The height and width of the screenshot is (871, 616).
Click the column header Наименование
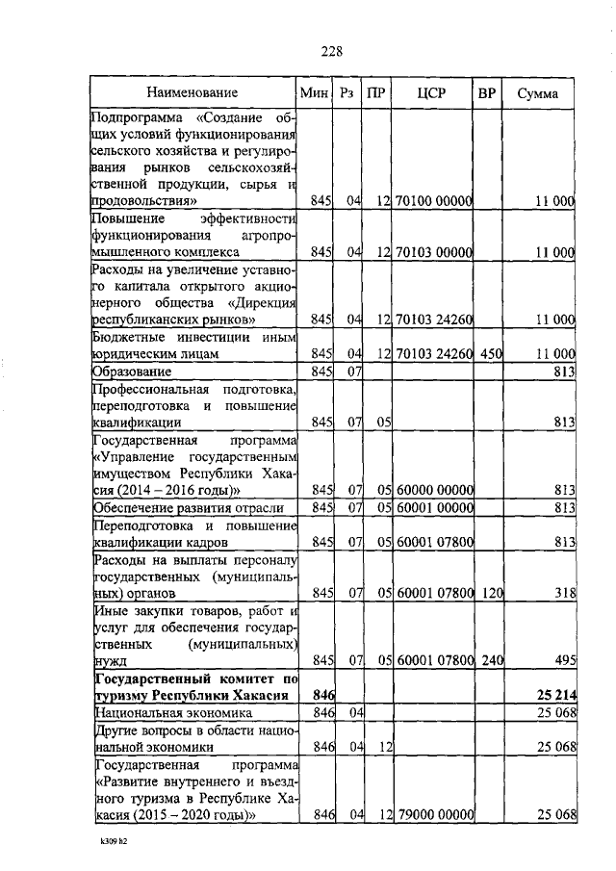click(192, 93)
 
